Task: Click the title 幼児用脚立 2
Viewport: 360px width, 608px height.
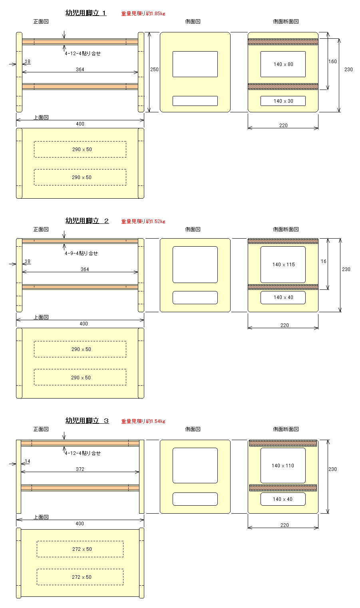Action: tap(87, 221)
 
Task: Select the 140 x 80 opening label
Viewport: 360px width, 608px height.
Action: tap(283, 64)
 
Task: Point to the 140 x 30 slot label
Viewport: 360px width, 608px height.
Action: tap(283, 101)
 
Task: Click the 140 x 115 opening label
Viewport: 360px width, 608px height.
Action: tap(284, 264)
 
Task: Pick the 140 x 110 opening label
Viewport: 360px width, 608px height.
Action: tap(282, 466)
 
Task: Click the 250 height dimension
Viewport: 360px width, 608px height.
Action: tap(154, 70)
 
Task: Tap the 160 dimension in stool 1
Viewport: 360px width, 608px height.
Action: tap(332, 62)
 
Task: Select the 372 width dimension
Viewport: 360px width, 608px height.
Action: tap(80, 469)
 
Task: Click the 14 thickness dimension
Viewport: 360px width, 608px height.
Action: tap(28, 461)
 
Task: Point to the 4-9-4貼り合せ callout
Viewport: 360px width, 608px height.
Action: tap(81, 253)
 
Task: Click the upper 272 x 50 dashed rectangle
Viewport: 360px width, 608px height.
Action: tap(80, 549)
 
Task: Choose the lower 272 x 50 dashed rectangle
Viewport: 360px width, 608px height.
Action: tap(80, 577)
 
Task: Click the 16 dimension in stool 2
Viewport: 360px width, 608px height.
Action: tap(323, 261)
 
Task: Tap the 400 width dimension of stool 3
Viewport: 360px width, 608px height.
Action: tap(80, 524)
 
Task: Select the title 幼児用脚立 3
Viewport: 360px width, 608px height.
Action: tap(87, 421)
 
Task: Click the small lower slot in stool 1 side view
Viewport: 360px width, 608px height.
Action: tap(195, 101)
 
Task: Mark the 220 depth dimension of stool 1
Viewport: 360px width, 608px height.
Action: tap(283, 126)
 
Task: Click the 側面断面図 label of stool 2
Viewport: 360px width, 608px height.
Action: tap(286, 229)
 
